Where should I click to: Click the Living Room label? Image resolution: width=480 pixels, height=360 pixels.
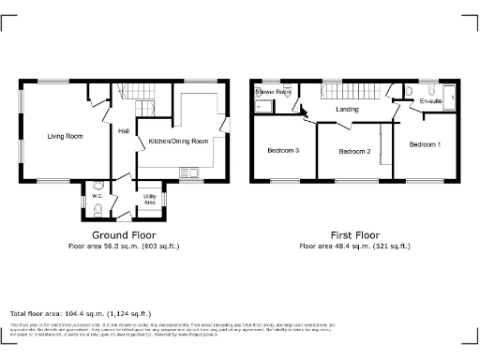[66, 136]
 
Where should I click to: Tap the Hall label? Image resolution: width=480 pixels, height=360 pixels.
[123, 131]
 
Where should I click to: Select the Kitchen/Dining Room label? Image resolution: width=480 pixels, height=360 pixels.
[178, 142]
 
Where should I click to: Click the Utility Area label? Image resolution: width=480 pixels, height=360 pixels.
[149, 199]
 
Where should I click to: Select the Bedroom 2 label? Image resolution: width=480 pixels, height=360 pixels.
[355, 151]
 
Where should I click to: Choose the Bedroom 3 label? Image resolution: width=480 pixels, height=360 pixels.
[283, 150]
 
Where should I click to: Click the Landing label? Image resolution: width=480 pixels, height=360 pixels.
[348, 111]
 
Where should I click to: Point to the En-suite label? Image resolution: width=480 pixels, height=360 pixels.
[431, 100]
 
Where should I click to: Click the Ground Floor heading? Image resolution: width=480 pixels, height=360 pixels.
[123, 234]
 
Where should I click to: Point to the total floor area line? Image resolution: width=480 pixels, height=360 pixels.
[80, 313]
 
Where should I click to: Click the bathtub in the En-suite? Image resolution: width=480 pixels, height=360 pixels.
[448, 96]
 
